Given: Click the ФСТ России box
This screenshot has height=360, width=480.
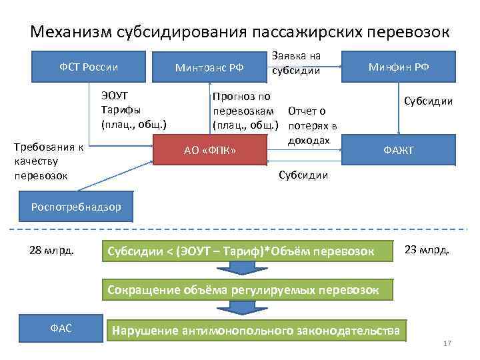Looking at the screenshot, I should (x=89, y=67).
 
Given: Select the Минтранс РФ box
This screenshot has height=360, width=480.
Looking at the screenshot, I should (x=209, y=67).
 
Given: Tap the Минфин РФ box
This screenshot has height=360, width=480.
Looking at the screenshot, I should (x=398, y=67).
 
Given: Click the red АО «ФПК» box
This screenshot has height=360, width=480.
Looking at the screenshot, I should (x=211, y=151).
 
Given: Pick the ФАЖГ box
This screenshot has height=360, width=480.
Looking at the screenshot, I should (x=398, y=151).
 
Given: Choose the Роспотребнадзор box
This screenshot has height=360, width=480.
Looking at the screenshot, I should (x=76, y=207).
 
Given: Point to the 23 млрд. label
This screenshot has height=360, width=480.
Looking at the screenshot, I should (x=427, y=251).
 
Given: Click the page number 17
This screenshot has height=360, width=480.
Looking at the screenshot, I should (x=447, y=344).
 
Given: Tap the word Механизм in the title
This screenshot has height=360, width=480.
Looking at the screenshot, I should (x=71, y=31).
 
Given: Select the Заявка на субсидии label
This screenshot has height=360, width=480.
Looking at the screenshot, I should (x=296, y=63).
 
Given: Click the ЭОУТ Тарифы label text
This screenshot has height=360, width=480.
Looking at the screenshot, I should (x=133, y=109).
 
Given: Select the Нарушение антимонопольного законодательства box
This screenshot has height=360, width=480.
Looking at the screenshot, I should (x=257, y=330).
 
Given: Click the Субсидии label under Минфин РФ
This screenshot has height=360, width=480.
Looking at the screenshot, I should (x=427, y=101).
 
